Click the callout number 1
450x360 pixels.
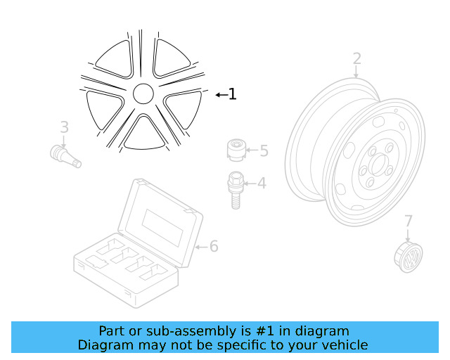232,94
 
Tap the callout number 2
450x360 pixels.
356,58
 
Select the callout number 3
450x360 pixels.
64,127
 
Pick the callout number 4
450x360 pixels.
261,184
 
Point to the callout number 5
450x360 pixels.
264,150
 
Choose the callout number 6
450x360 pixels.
214,246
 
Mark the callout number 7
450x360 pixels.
409,221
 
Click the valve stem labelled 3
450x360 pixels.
67,155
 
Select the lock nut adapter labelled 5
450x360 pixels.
237,150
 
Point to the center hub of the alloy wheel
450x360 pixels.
143,94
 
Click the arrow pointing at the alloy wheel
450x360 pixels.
220,94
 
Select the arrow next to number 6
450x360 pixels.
200,247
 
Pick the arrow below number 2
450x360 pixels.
356,72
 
